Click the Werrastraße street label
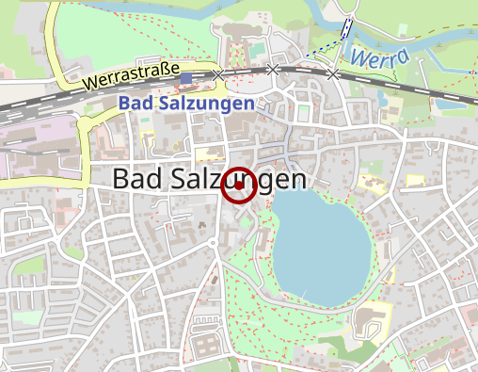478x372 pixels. [x=132, y=74]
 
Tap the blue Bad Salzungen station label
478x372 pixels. [x=187, y=104]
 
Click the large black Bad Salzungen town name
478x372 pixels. [x=209, y=179]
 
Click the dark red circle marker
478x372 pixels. [x=239, y=186]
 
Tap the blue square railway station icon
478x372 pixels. [x=186, y=79]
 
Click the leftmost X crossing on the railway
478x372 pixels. [x=218, y=74]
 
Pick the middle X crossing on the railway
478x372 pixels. [x=273, y=69]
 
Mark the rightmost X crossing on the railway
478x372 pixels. [x=333, y=73]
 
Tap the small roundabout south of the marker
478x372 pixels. [x=215, y=243]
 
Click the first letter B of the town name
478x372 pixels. [x=121, y=179]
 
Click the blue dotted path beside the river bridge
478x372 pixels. [x=325, y=46]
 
